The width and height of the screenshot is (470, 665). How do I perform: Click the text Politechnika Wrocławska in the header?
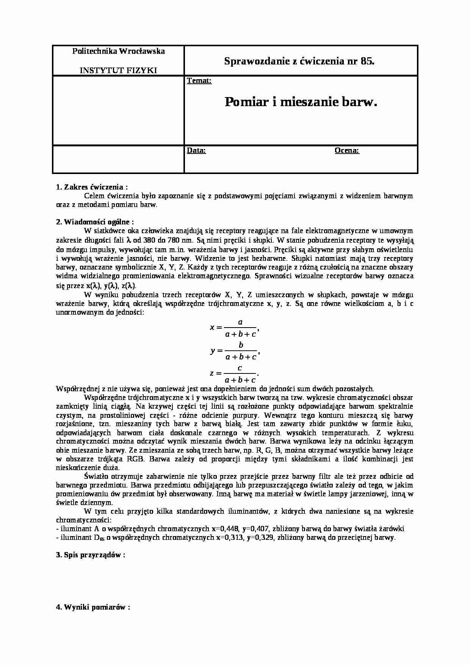click(118, 51)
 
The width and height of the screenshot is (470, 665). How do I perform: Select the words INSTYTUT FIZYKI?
click(118, 70)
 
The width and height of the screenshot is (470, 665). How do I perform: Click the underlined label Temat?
click(199, 81)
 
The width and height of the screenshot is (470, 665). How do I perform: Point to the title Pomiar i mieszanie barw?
click(301, 102)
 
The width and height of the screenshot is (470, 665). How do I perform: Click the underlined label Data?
click(196, 151)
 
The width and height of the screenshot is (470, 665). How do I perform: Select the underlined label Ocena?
click(347, 151)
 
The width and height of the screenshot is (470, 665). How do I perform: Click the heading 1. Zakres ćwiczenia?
click(92, 187)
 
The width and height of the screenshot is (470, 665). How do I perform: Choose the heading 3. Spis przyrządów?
click(91, 555)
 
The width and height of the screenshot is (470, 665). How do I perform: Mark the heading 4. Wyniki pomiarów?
click(93, 607)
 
